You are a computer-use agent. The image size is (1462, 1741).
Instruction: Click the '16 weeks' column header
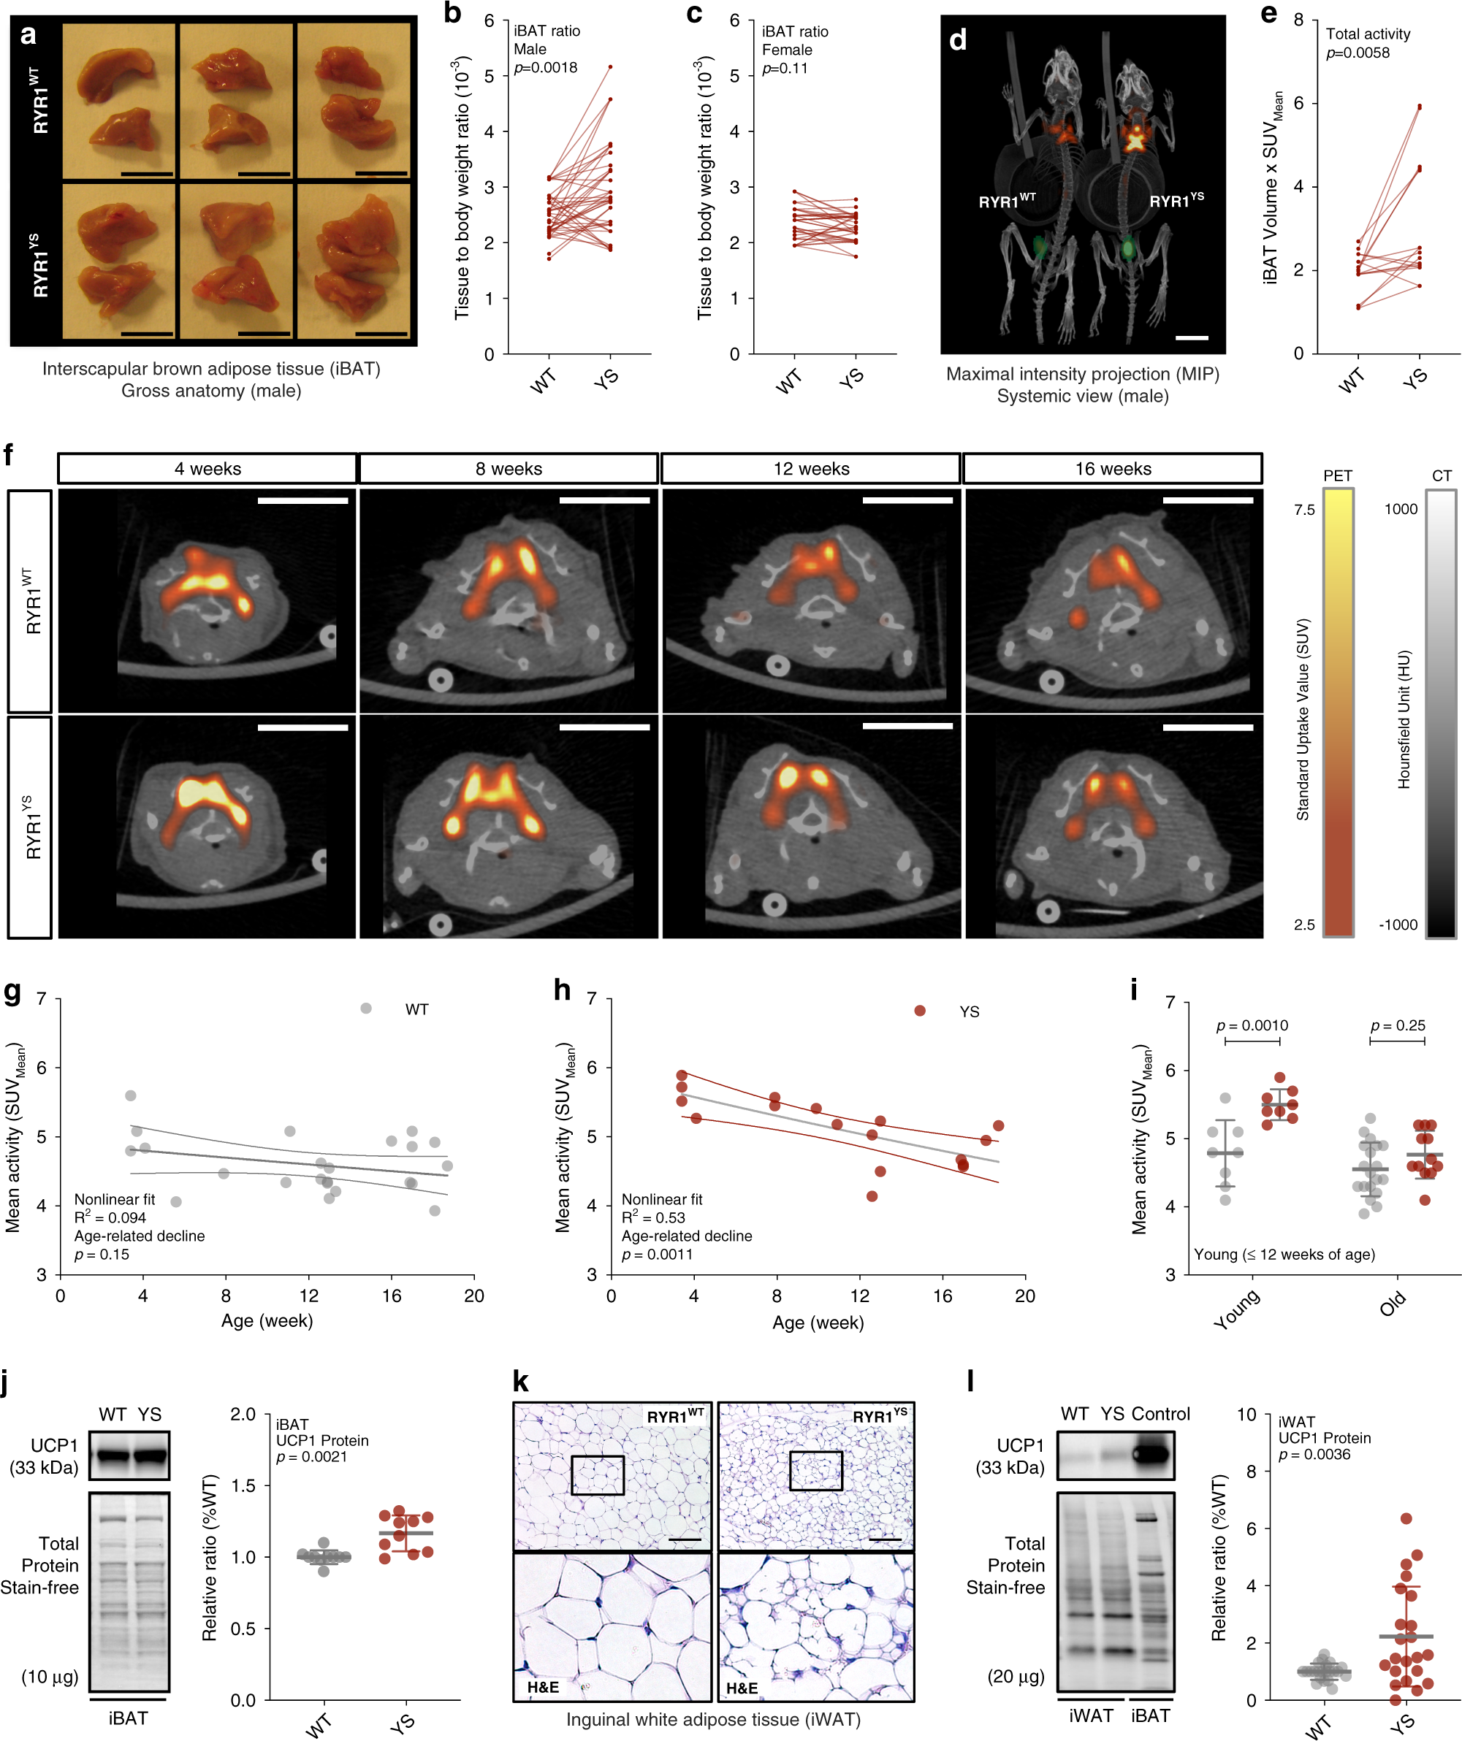1112,468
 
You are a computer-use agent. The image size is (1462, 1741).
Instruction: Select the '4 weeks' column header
208,468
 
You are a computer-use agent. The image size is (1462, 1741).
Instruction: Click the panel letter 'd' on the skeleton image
958,39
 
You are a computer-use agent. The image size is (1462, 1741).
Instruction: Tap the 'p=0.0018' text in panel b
546,68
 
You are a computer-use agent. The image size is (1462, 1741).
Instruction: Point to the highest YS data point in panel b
610,66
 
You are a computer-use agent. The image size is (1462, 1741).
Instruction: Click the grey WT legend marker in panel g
366,1008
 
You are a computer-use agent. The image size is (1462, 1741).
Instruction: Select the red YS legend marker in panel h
920,1011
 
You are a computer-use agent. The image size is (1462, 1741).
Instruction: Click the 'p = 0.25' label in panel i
1397,1025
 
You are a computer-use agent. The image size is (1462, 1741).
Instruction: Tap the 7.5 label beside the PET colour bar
1304,510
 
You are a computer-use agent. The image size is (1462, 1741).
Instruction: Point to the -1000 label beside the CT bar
1398,925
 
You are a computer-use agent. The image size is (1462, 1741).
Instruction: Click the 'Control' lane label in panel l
1160,1414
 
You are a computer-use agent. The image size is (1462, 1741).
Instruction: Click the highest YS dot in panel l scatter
1406,1519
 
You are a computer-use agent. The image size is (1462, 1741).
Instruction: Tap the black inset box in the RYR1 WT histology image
597,1475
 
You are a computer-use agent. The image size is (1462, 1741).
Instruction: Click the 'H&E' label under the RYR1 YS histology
742,1688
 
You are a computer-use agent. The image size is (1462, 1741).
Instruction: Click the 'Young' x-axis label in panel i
1236,1310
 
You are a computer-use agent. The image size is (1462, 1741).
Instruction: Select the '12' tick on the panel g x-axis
308,1296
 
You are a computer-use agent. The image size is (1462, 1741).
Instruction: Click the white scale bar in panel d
1192,338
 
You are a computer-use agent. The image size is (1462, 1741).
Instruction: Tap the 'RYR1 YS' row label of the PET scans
31,827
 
